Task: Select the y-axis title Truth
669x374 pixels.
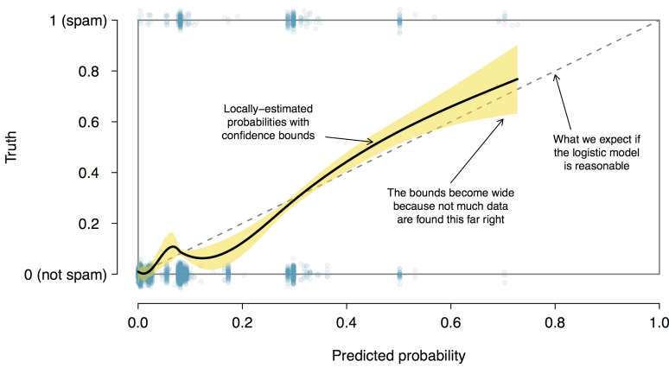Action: (x=12, y=148)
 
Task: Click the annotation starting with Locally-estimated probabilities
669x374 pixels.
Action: (x=268, y=122)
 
